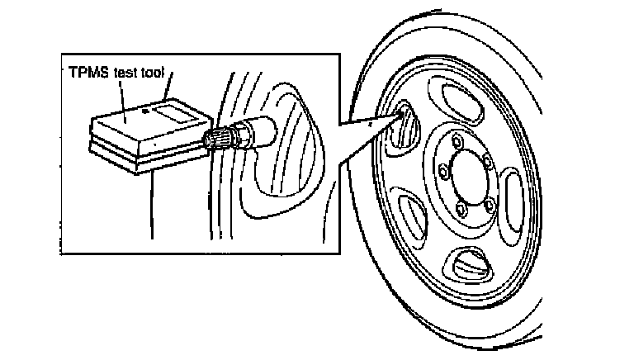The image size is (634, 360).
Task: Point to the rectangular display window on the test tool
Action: (x=175, y=111)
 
